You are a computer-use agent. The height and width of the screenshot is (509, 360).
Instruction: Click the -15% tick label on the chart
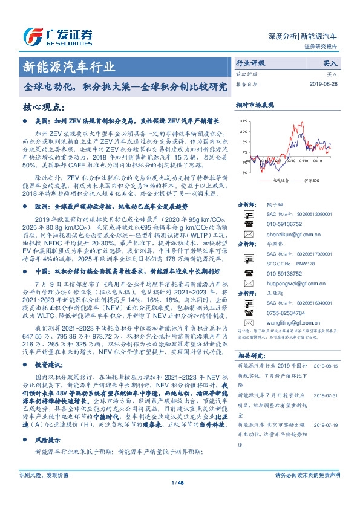242,172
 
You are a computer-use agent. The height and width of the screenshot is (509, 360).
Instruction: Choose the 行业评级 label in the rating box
250,62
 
